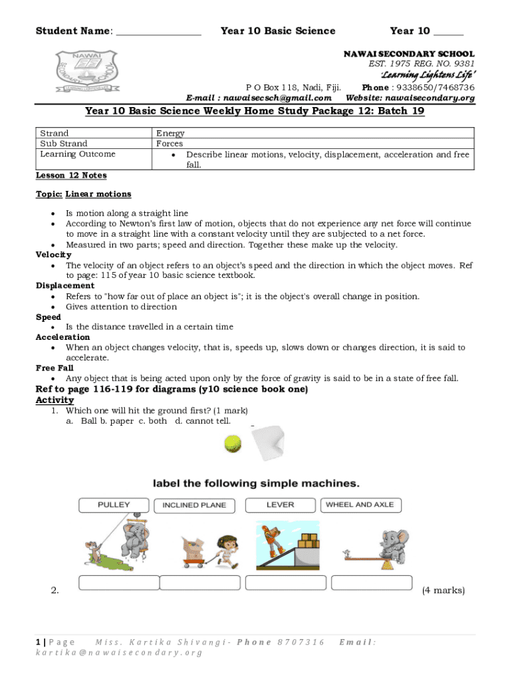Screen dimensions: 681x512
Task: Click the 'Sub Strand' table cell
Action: point(64,144)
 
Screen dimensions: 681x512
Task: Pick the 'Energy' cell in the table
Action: point(170,134)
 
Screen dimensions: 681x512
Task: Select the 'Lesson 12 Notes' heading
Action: point(70,176)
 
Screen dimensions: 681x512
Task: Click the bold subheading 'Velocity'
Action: point(53,255)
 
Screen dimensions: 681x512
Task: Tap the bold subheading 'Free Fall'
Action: point(55,368)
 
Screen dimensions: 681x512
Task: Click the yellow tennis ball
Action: point(233,444)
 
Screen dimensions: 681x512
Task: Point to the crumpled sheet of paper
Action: point(267,444)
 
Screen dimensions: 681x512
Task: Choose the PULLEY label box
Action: point(114,505)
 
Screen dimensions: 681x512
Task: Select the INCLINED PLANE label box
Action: point(194,505)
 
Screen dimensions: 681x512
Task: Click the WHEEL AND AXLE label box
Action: point(360,505)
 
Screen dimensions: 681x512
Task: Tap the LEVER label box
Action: point(280,505)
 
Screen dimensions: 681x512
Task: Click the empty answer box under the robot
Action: point(286,583)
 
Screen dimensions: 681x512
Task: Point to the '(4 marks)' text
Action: point(444,590)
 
